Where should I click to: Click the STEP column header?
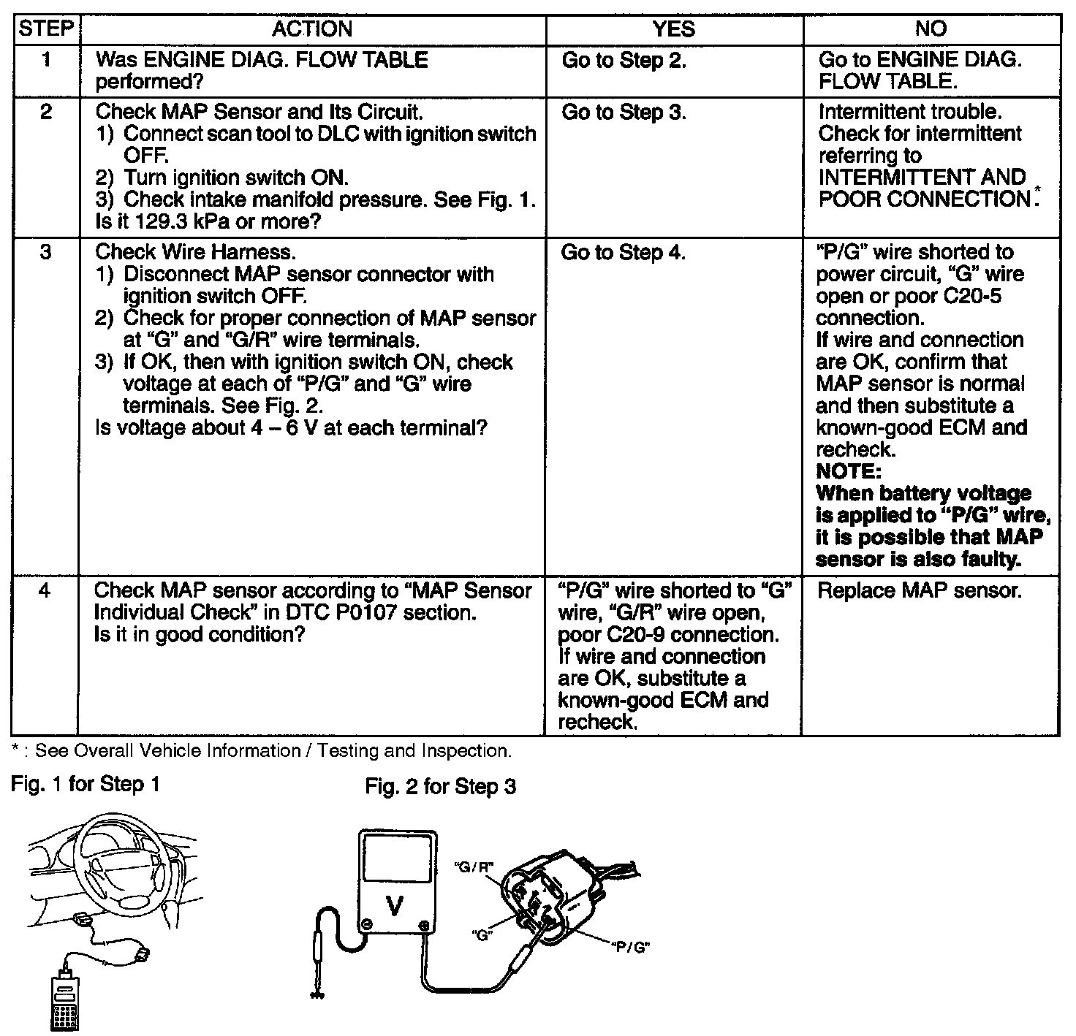pos(45,29)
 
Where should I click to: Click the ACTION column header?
pos(312,29)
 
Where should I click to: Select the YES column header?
pos(673,29)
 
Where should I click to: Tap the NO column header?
pos(931,29)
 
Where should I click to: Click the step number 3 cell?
pos(45,253)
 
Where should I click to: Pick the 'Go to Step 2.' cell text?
pos(624,61)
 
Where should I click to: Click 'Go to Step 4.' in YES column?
pos(623,253)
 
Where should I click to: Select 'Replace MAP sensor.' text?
pos(918,590)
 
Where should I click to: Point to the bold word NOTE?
pos(849,471)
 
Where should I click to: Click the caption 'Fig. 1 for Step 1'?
pos(85,785)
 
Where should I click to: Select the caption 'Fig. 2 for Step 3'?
pos(440,787)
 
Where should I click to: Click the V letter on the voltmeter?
pos(395,906)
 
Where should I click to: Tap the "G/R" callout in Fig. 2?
pos(474,867)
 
